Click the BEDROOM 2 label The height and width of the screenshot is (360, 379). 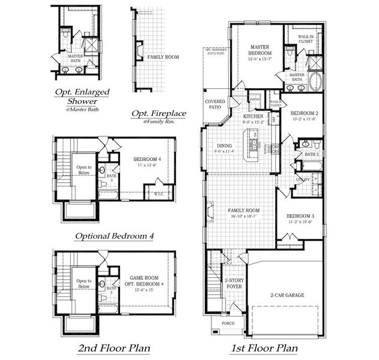(303, 113)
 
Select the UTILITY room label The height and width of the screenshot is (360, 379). (302, 179)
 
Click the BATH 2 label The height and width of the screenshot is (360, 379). (311, 154)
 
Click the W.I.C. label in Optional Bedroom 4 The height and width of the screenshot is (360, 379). (159, 194)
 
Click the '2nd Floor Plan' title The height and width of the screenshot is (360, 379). (114, 348)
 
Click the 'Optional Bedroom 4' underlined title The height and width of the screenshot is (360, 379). (114, 236)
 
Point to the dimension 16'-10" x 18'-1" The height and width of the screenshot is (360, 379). (244, 217)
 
